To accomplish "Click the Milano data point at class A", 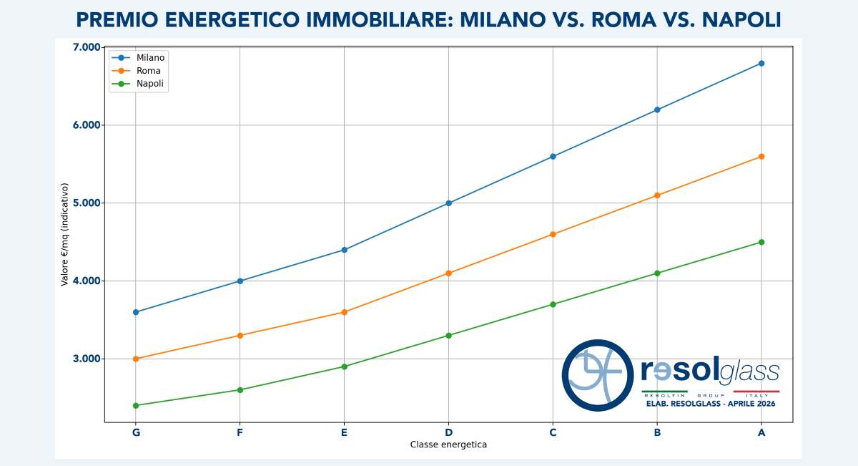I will pos(761,64).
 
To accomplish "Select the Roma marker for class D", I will pos(448,273).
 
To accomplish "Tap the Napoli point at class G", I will pos(136,406).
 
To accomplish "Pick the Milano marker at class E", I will pos(345,250).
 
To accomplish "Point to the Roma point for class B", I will pos(657,195).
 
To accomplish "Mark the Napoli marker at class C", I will pos(553,304).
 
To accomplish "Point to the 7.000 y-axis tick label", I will pos(87,47).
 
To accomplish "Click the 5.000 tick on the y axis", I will pos(87,203).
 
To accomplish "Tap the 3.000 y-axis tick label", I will pos(87,359).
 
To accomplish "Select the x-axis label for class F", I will pos(240,432).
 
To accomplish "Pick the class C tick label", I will pos(553,432).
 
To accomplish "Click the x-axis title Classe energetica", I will pos(448,445).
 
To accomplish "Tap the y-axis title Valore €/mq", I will pos(64,234).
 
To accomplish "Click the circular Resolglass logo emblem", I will pos(598,375).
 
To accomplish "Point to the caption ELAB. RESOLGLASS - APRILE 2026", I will pos(710,404).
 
